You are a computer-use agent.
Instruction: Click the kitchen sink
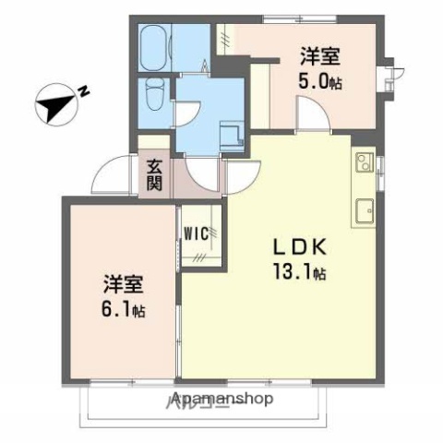pyautogui.click(x=365, y=210)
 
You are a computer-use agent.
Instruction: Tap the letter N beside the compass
pyautogui.click(x=84, y=90)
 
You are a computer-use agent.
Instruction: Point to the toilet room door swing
pyautogui.click(x=190, y=109)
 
